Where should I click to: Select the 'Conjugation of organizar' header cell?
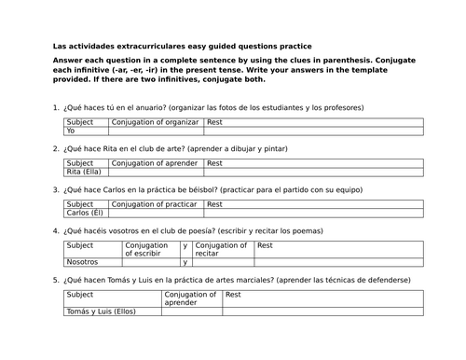pyautogui.click(x=155, y=122)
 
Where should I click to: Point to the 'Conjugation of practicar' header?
pyautogui.click(x=155, y=203)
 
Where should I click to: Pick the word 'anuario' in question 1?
pyautogui.click(x=140, y=107)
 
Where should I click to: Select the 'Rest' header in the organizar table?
pyautogui.click(x=215, y=122)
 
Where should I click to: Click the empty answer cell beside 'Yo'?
pyautogui.click(x=155, y=132)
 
